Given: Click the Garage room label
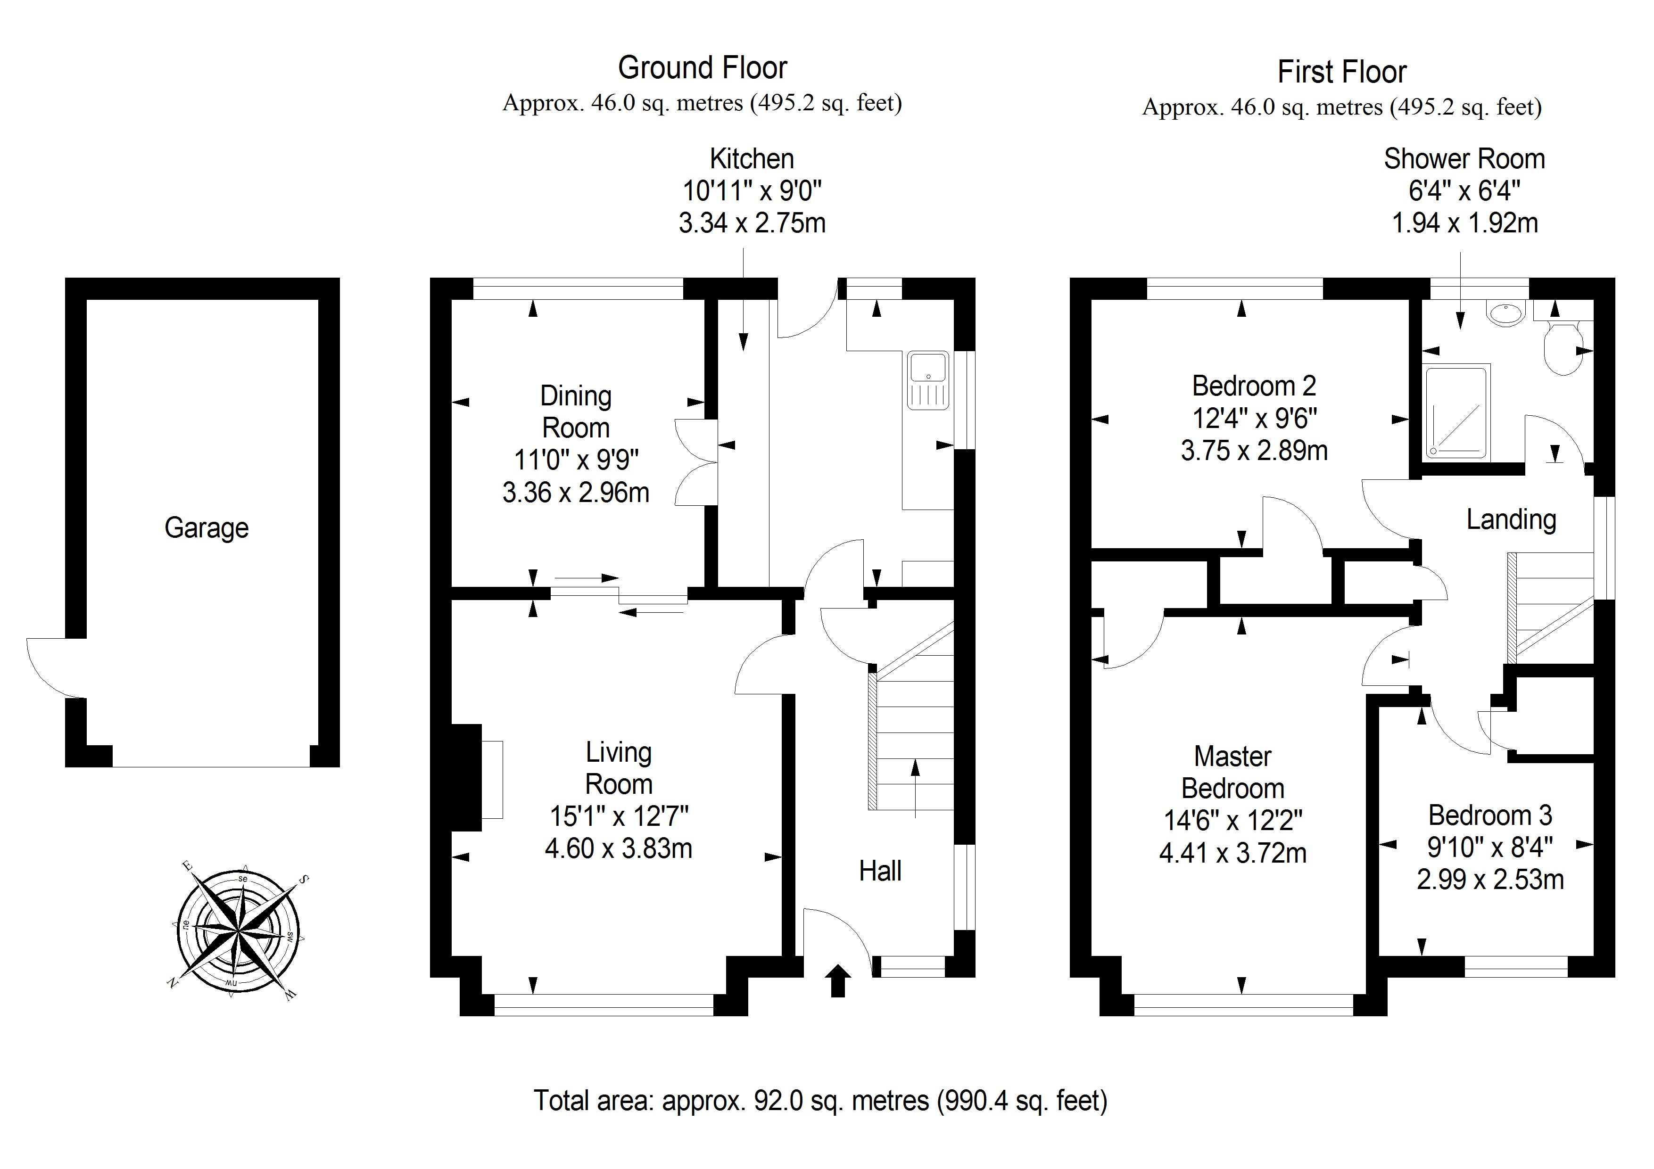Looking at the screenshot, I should [207, 528].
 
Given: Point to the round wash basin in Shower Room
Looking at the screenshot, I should [1505, 314].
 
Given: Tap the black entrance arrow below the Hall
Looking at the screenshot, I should [838, 981].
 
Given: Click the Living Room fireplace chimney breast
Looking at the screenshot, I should [466, 778].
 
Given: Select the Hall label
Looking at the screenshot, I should [880, 871].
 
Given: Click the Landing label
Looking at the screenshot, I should [1511, 519].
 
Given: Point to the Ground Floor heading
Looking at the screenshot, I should [703, 68].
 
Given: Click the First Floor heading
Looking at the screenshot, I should [1341, 72].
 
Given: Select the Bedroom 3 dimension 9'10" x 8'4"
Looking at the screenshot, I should [1490, 847].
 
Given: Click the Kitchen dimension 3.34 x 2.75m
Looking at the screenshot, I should [752, 223].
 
